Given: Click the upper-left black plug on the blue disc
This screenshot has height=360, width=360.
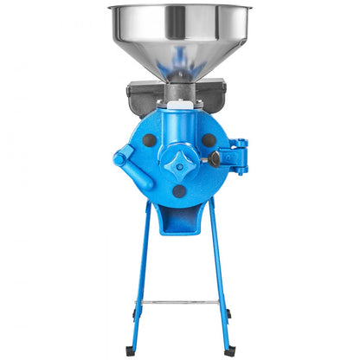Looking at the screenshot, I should point(150,139).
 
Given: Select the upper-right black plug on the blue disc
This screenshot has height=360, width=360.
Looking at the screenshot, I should point(208,139).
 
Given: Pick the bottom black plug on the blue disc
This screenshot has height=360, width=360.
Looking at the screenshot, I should point(179,191).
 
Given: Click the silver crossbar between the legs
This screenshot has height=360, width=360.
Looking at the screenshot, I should point(179,302).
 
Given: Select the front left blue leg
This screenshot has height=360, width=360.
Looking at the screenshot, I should point(138,277).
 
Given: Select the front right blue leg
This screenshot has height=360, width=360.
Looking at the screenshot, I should point(222,277).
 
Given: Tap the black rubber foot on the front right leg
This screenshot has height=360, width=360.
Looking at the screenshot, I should point(229,350).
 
